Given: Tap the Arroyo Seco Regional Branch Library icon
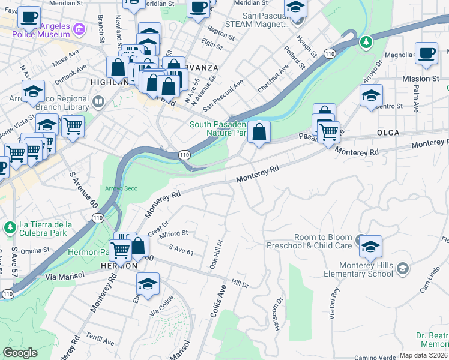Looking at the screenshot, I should (99, 103).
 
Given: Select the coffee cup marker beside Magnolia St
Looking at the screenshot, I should (426, 53).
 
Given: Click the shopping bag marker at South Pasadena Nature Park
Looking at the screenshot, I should (259, 133).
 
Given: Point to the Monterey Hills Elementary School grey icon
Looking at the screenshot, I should (402, 267).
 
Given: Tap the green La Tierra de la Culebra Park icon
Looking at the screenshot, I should (9, 227).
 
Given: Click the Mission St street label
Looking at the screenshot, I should (425, 79).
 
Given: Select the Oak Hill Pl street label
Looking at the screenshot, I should (216, 256).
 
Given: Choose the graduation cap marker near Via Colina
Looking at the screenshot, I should (148, 284).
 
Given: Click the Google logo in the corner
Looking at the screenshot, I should (20, 352).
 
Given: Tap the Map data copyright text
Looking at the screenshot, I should (424, 355).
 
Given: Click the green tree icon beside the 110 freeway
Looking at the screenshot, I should (365, 43).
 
